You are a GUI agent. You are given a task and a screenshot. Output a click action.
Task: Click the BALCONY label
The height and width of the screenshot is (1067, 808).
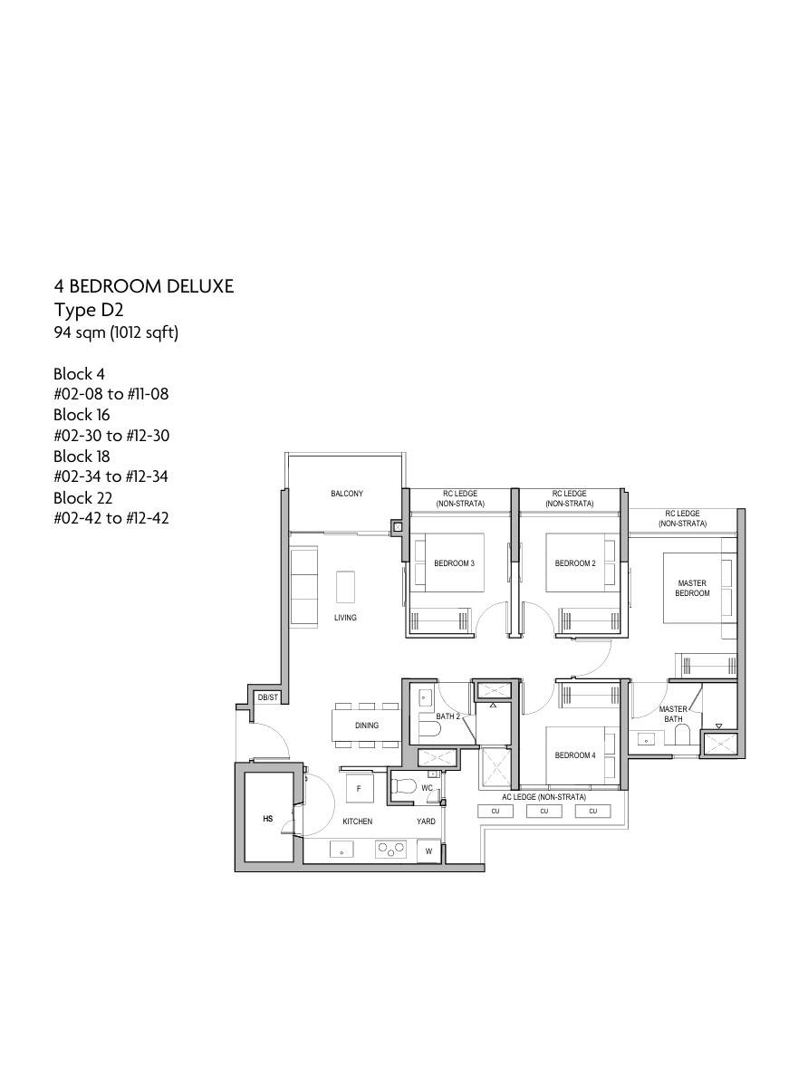coord(347,494)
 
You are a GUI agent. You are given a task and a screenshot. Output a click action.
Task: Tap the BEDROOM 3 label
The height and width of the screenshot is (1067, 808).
coord(454,563)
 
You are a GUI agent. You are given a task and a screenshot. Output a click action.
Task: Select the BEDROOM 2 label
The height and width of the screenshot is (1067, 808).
coord(575,563)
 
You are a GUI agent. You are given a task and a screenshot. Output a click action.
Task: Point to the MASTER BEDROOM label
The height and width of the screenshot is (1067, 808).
coord(692,588)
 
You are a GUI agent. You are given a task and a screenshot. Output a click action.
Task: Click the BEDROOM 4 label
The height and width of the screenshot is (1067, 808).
coord(575,755)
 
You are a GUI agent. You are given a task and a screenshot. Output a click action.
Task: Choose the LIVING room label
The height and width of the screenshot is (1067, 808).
coord(345,618)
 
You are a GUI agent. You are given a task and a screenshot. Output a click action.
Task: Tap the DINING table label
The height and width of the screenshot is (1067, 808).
coord(367,726)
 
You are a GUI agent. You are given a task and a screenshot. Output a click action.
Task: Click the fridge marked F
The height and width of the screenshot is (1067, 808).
coord(359,789)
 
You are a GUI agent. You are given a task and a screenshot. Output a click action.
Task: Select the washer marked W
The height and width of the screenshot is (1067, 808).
coord(428,851)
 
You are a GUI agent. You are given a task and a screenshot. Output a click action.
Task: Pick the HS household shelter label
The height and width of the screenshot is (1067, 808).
coord(267,819)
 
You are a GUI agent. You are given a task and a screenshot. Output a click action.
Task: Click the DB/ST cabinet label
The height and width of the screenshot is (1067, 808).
coord(267,697)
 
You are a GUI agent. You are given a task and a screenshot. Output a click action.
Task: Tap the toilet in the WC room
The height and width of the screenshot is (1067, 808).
coord(404,786)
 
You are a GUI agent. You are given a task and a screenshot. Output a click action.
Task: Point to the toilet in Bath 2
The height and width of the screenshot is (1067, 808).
coord(429,730)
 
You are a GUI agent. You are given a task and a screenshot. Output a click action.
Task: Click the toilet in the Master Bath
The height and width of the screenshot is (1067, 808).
coord(681,734)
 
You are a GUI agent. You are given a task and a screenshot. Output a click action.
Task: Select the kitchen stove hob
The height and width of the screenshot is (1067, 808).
coord(391,849)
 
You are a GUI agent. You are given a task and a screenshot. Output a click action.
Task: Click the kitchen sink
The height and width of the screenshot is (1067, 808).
coord(341,850)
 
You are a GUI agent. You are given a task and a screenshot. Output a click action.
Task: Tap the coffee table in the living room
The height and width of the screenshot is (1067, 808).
coord(345,587)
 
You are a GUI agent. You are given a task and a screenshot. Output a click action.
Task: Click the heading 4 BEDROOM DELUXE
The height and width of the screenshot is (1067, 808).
coord(144,286)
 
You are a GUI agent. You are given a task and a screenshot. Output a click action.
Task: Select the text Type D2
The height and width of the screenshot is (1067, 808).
coord(89,311)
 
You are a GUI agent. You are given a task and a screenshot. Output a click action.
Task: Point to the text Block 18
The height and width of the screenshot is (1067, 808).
coord(82,456)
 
